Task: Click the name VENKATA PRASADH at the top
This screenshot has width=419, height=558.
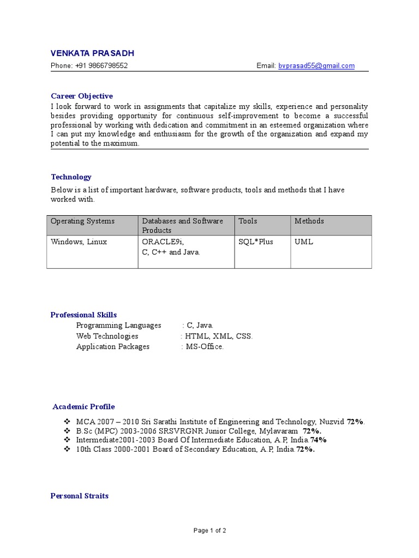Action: click(92, 53)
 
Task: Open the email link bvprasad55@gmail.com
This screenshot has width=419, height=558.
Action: click(316, 66)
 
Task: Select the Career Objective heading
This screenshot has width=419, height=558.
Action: click(82, 96)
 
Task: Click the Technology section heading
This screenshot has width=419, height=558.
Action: click(71, 177)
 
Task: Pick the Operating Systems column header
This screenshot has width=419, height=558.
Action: click(82, 221)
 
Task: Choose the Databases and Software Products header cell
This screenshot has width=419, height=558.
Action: click(183, 226)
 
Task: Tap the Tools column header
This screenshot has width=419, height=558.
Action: click(248, 221)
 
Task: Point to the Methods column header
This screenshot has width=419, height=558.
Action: click(309, 221)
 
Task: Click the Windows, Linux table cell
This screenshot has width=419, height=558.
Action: click(79, 242)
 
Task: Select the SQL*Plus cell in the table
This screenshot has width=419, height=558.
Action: click(256, 242)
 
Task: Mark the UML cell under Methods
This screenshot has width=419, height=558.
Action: click(304, 242)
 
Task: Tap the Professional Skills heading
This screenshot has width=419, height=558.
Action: click(83, 315)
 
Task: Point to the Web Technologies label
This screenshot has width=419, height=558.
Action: click(107, 336)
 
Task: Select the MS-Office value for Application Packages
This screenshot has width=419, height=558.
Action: click(205, 347)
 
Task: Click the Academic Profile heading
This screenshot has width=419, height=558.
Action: click(84, 407)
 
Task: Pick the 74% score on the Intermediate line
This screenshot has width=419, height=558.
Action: click(319, 440)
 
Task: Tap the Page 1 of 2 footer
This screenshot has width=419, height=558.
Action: click(210, 530)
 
